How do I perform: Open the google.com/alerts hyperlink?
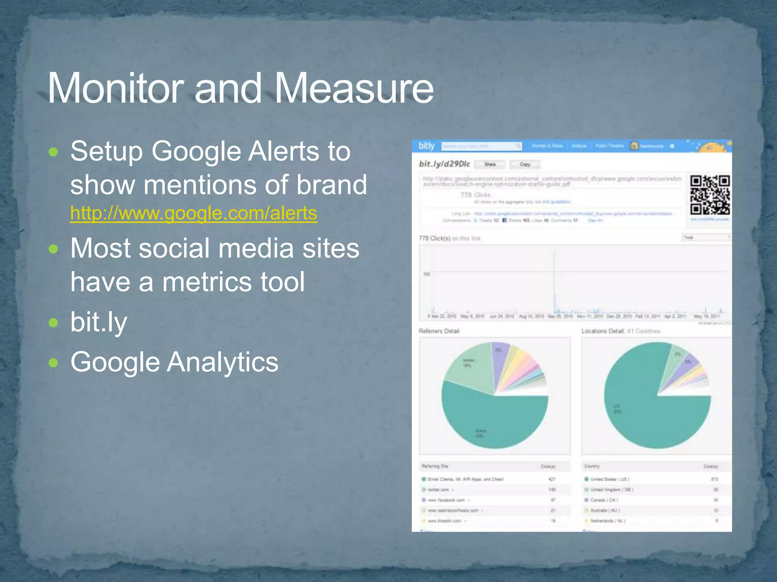pyautogui.click(x=193, y=213)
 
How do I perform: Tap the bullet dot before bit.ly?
pyautogui.click(x=53, y=323)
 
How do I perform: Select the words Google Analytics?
pyautogui.click(x=174, y=362)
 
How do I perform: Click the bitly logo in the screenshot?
pyautogui.click(x=426, y=146)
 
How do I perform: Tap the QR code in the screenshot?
pyautogui.click(x=709, y=195)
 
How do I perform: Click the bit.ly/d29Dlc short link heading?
pyautogui.click(x=444, y=164)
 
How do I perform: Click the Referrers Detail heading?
pyautogui.click(x=439, y=331)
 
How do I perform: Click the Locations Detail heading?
pyautogui.click(x=603, y=331)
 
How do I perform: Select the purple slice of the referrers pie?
pyautogui.click(x=499, y=364)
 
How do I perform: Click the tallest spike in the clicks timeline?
pyautogui.click(x=554, y=280)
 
